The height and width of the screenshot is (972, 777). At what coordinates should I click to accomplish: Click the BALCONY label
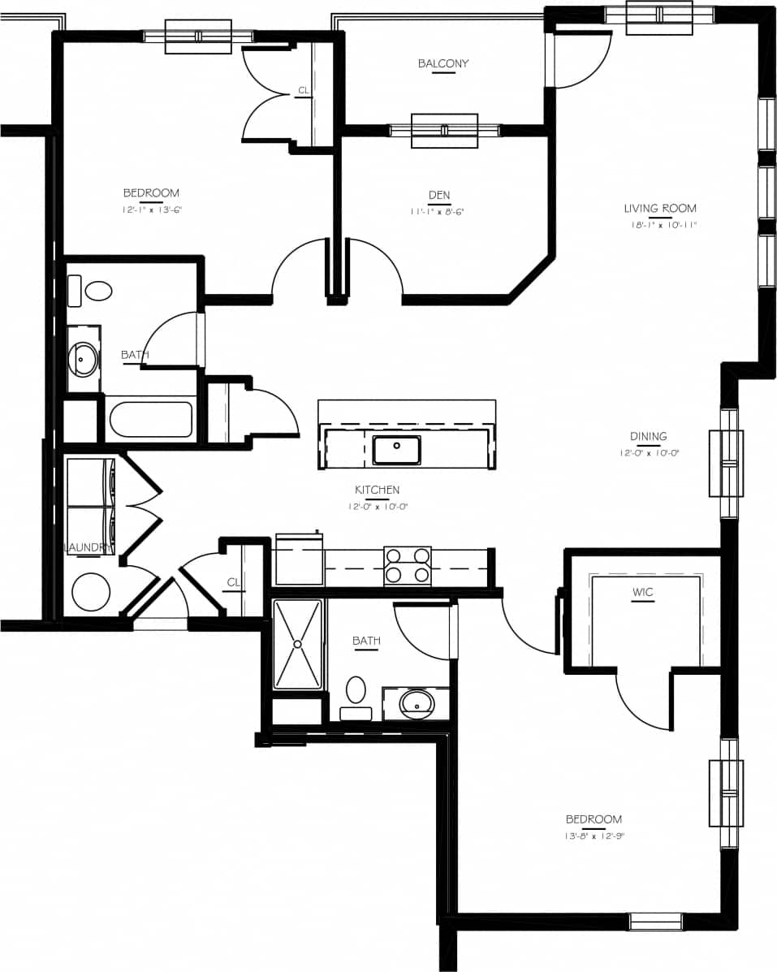(443, 63)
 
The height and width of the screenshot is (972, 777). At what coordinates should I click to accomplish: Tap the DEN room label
(439, 195)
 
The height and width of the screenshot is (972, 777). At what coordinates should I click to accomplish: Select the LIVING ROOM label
(660, 209)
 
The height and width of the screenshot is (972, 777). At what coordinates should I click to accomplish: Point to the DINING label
(648, 436)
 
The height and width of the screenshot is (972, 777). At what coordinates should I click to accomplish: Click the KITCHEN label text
(377, 490)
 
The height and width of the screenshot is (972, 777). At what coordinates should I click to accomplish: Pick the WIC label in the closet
(643, 592)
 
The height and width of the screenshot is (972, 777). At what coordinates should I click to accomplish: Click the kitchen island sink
(396, 449)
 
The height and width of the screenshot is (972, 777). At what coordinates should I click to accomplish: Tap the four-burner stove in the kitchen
(408, 565)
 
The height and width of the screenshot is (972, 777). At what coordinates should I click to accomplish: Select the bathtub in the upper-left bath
(150, 421)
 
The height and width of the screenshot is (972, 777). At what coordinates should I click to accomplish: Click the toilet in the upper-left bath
(93, 291)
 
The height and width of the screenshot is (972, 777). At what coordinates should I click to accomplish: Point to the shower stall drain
(297, 644)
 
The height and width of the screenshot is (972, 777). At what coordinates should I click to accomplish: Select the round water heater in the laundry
(91, 592)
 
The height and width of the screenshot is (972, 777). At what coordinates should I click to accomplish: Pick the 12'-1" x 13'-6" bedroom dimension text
(152, 210)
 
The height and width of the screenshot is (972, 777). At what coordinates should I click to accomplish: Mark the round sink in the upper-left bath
(84, 356)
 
